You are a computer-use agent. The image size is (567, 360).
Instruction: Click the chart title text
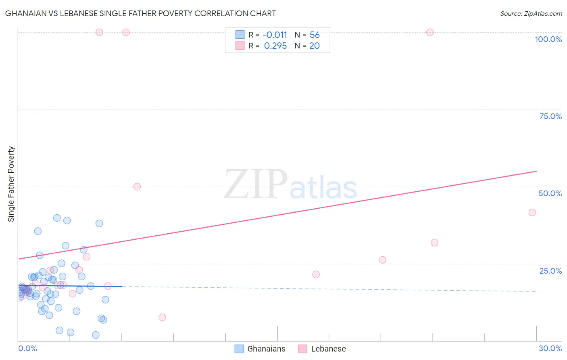tap(140, 13)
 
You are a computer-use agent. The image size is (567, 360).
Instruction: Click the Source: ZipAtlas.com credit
tap(531, 13)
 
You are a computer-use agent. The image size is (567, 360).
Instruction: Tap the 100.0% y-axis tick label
tap(548, 39)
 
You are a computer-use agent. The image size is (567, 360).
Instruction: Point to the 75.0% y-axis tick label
tap(550, 116)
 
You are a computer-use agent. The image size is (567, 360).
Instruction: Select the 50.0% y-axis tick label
tap(550, 193)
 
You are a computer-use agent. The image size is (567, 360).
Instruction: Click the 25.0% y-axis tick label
tap(550, 270)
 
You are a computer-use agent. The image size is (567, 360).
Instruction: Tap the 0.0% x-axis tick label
tap(27, 348)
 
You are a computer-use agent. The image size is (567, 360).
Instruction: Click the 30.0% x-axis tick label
tap(550, 348)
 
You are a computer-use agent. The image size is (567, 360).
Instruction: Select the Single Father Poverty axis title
tap(11, 184)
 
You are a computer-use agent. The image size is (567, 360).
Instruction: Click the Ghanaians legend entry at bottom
tap(260, 349)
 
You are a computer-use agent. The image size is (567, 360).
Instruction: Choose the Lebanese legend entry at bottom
tap(322, 349)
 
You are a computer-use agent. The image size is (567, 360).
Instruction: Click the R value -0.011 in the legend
tap(275, 35)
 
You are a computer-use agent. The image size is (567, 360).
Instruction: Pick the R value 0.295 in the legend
tap(275, 46)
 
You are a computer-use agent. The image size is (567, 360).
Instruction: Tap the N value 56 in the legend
tap(315, 35)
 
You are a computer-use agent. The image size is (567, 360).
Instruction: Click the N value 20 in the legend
tap(315, 46)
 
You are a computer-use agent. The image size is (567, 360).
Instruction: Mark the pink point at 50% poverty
tap(137, 186)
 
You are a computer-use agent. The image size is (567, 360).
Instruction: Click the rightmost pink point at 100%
tap(430, 32)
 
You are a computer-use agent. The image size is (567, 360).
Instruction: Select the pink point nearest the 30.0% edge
tap(532, 212)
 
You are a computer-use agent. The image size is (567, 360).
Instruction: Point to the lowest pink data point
tap(162, 317)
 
